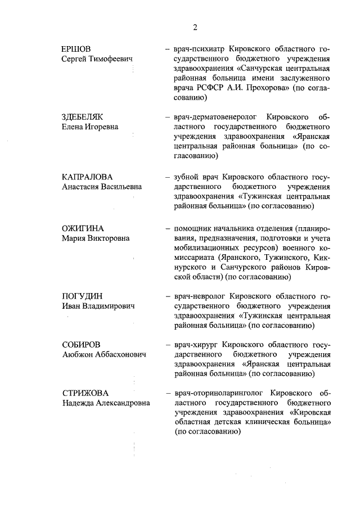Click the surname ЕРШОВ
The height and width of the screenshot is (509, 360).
click(76, 49)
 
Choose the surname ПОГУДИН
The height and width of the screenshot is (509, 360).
click(82, 296)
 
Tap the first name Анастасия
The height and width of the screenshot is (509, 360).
click(82, 187)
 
